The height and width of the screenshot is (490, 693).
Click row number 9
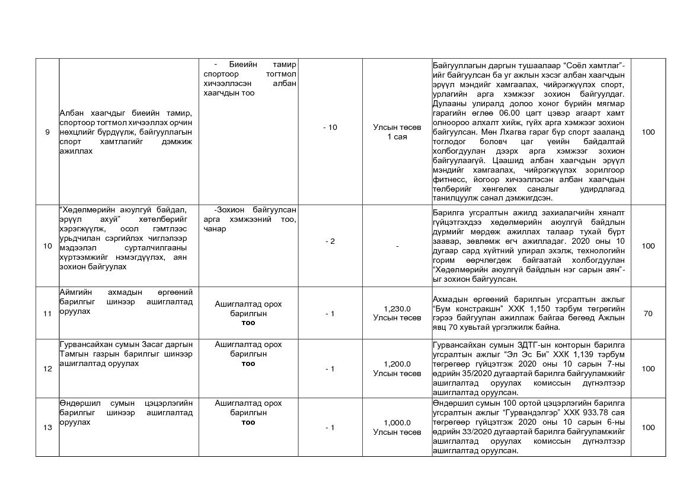pos(47,132)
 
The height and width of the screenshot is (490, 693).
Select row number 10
pos(47,246)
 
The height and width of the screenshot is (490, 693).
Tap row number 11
pos(47,314)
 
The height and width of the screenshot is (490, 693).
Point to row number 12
pos(47,369)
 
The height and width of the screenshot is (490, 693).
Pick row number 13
pos(47,428)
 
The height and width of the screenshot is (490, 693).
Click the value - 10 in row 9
pos(330,128)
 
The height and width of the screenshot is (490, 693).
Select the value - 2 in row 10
pos(330,241)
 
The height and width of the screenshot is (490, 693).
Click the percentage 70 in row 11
pos(648,314)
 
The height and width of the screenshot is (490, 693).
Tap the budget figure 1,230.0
pos(397,308)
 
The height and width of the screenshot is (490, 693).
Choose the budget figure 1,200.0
pos(397,364)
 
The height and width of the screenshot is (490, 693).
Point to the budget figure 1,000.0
pos(397,423)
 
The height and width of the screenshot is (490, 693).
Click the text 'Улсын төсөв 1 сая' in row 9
pos(397,132)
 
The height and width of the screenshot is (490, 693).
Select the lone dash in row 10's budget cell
pos(397,246)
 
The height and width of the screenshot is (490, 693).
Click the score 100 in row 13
pos(648,428)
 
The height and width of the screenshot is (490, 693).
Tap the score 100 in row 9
pos(648,132)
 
